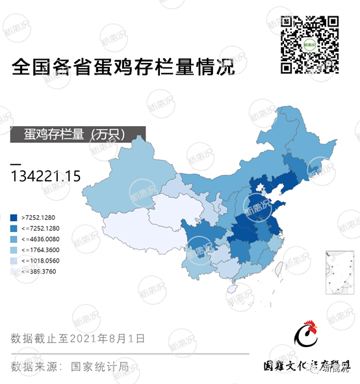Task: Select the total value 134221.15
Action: (45, 175)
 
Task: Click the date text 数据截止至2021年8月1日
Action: (78, 339)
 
